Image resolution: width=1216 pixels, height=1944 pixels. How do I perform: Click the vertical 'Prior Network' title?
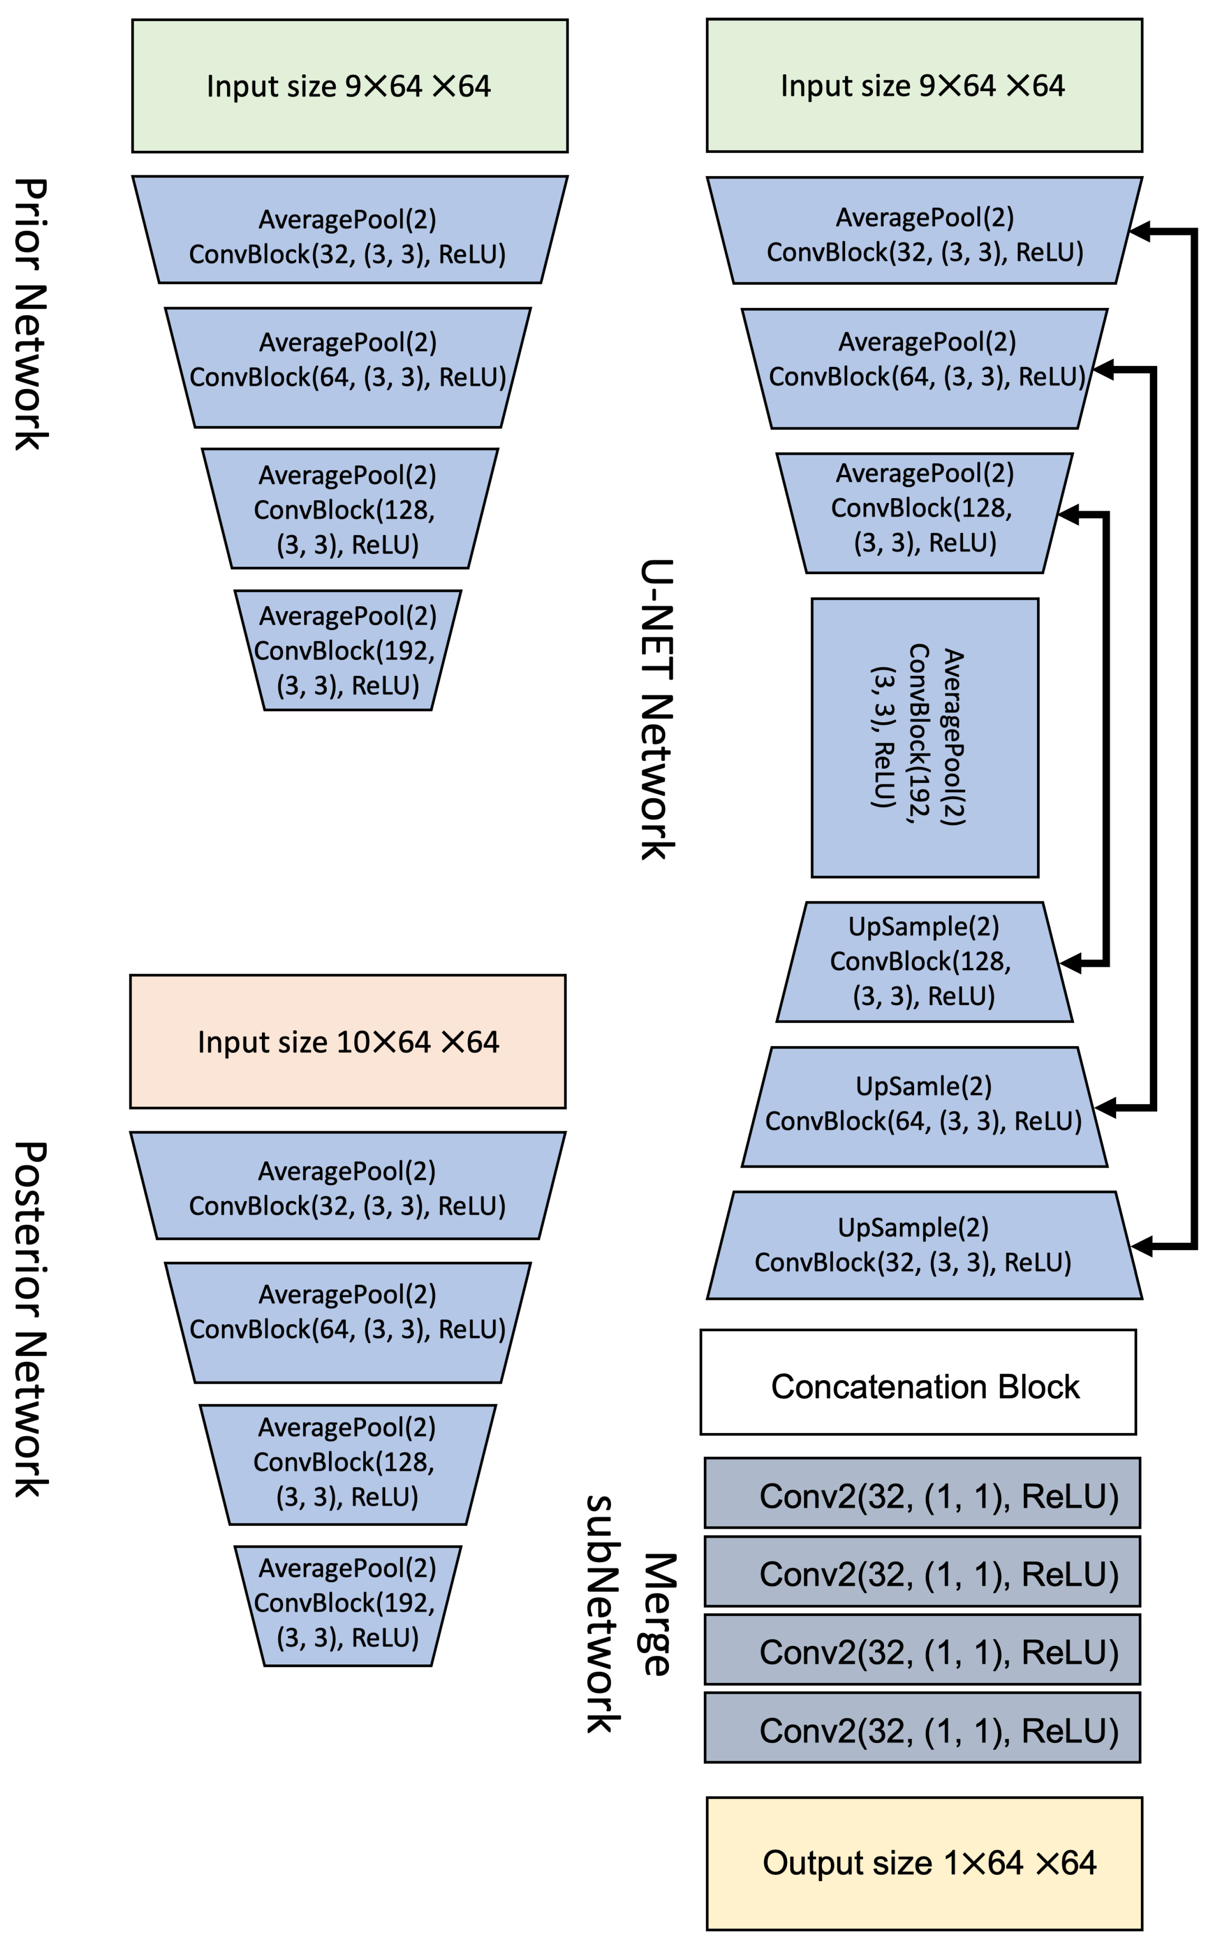click(x=30, y=313)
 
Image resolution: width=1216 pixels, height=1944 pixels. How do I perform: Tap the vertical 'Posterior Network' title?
click(x=30, y=1319)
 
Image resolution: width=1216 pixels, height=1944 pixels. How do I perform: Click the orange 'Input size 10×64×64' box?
click(x=347, y=1042)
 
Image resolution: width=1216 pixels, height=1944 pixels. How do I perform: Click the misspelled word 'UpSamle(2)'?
click(x=923, y=1086)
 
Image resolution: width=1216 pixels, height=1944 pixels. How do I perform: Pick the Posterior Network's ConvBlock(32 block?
click(x=347, y=1188)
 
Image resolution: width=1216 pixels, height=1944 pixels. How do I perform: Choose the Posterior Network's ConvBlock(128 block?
click(x=347, y=1462)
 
